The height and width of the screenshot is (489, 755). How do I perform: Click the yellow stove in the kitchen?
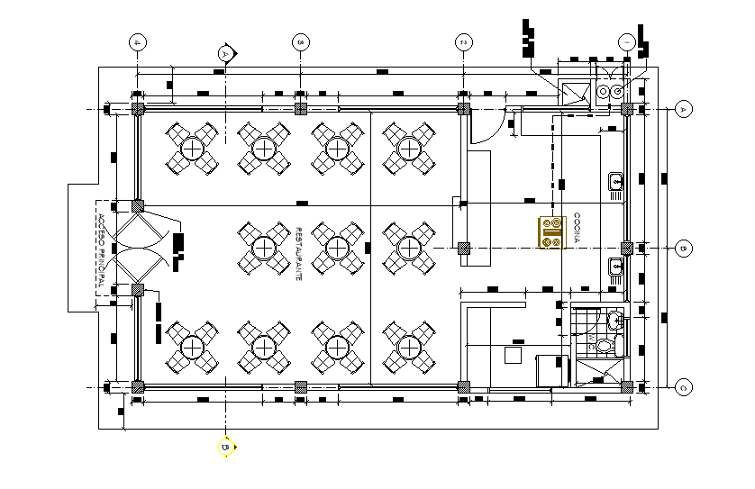click(x=551, y=232)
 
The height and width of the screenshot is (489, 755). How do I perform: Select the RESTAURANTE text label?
click(x=298, y=254)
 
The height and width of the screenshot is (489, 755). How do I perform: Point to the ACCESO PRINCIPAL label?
click(x=101, y=252)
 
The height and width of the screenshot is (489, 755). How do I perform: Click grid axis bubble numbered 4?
click(x=137, y=42)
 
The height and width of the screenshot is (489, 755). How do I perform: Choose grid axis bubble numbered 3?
click(x=301, y=42)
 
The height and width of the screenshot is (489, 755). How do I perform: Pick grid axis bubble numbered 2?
click(x=463, y=42)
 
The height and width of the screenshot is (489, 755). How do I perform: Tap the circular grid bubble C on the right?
click(x=683, y=387)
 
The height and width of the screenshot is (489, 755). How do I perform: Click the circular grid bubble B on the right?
click(x=683, y=248)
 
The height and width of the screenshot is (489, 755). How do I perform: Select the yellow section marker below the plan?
click(x=225, y=446)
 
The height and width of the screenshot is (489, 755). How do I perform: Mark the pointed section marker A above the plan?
click(x=226, y=54)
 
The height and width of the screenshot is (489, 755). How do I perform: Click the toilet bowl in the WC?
click(x=605, y=345)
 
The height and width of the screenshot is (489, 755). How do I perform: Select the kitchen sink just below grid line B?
click(x=616, y=266)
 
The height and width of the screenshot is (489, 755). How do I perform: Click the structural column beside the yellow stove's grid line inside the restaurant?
click(x=463, y=248)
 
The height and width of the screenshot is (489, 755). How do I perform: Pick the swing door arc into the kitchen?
click(x=482, y=126)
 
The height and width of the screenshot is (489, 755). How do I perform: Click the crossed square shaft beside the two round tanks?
click(x=574, y=91)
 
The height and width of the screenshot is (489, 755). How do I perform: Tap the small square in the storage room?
click(x=512, y=355)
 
